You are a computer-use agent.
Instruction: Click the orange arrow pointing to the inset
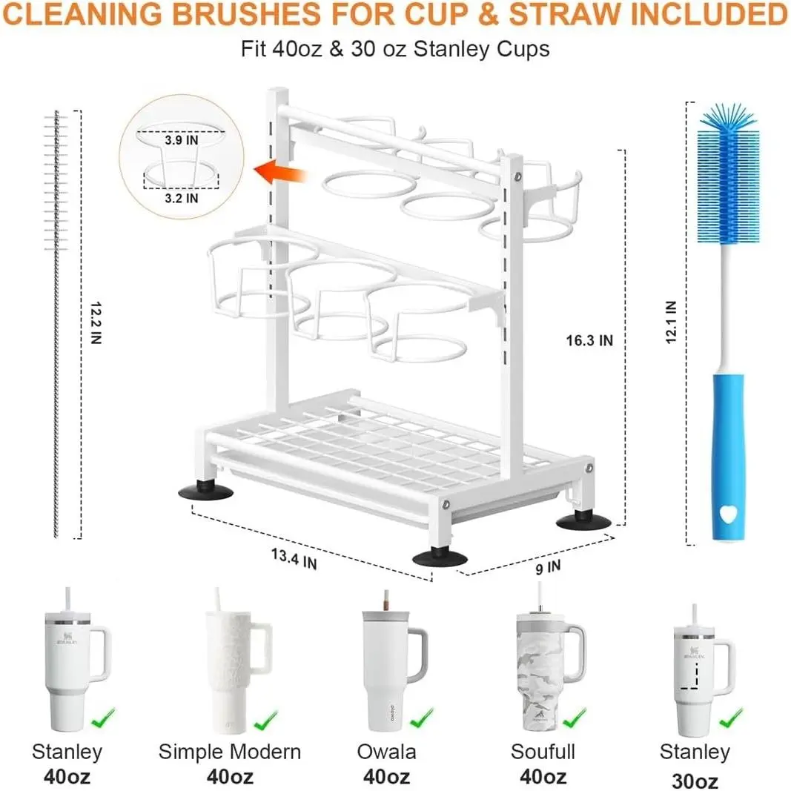[280, 173]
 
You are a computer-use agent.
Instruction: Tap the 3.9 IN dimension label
[181, 140]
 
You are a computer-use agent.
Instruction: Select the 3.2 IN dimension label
[181, 198]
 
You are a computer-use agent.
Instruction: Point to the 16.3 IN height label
[589, 340]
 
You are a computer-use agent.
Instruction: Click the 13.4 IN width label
[294, 559]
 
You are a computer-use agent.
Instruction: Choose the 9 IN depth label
[548, 568]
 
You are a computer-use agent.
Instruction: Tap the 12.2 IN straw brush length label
[96, 323]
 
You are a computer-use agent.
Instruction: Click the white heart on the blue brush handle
[728, 514]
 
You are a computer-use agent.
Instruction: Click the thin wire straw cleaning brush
[56, 323]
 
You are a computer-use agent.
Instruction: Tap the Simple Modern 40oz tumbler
[237, 660]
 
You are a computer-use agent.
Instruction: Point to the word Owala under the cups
[386, 752]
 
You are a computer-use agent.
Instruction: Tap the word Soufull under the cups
[543, 752]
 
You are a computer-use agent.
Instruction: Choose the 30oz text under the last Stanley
[695, 781]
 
